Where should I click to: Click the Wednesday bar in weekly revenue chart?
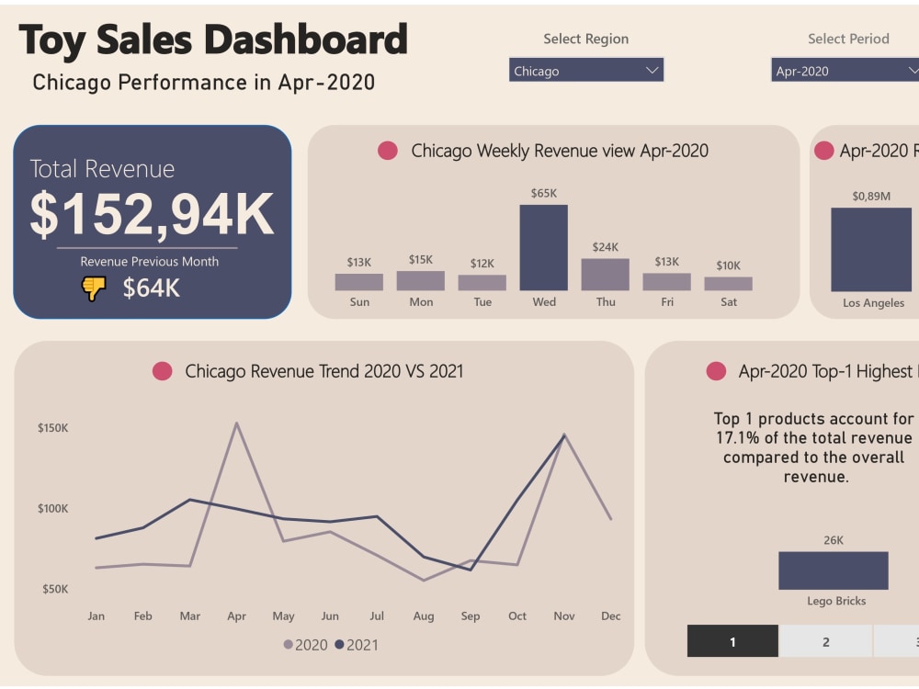coord(543,247)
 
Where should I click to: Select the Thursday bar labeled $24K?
coord(605,275)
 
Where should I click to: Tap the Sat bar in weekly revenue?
coord(728,284)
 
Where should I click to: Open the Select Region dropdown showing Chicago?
coord(585,71)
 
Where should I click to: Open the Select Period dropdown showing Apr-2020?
coord(845,71)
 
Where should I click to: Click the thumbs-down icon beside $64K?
coord(94,288)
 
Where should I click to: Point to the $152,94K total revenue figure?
coord(152,214)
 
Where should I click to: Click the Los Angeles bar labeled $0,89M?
coord(871,249)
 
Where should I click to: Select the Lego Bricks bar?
coord(833,570)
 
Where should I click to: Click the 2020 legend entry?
coord(305,645)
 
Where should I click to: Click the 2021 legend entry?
coord(357,645)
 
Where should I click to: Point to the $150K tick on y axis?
coord(52,428)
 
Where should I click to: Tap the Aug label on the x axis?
coord(423,616)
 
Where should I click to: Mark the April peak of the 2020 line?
coord(236,424)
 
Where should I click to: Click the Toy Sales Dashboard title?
coord(212,40)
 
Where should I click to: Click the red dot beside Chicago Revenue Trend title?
coord(163,371)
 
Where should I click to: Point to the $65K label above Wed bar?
coord(543,193)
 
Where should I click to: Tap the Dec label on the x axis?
coord(611,616)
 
